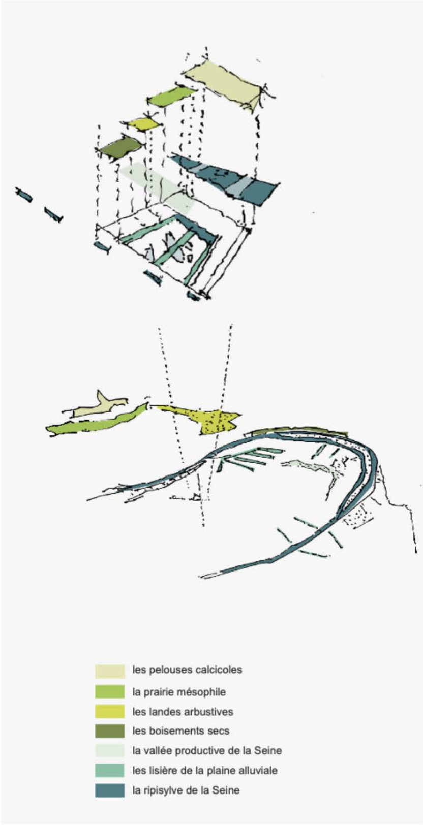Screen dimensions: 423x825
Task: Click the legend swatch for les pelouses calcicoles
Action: (110, 671)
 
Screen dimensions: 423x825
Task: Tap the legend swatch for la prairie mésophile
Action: (110, 691)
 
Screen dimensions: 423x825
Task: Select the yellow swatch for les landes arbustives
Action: (110, 711)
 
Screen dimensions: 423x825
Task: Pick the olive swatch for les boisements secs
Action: (110, 731)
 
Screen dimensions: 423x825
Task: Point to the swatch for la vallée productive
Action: (110, 751)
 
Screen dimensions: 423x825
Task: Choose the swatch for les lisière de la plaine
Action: (110, 771)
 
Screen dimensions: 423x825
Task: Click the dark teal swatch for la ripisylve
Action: (110, 790)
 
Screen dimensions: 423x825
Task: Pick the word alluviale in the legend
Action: (257, 770)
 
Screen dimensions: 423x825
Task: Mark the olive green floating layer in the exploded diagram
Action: (119, 148)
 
